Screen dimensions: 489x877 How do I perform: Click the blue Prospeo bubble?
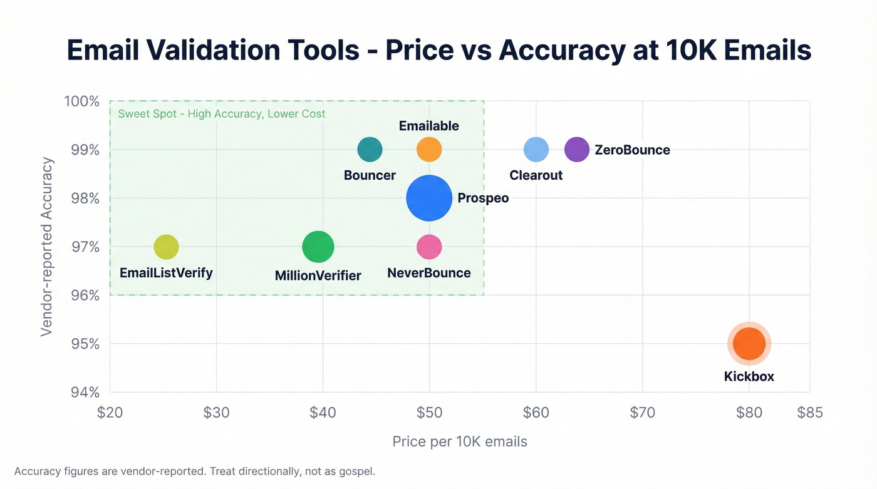tap(429, 198)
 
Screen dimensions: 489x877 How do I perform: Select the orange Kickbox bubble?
tap(749, 344)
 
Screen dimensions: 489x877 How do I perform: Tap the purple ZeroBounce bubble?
tap(577, 150)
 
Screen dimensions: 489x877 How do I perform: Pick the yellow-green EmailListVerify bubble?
tap(166, 247)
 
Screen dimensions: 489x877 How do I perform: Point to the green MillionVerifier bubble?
tap(318, 247)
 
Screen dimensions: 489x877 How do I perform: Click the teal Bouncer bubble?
tap(370, 150)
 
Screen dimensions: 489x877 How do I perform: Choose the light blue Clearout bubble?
tap(536, 150)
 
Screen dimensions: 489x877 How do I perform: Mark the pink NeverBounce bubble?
tap(429, 247)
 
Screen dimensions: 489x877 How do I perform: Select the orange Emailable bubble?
tap(429, 150)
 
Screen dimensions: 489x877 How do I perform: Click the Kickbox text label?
tap(749, 376)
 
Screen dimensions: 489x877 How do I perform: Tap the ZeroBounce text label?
tap(632, 150)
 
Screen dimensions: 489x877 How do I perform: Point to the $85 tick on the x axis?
tap(809, 413)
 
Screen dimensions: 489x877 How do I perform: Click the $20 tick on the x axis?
tap(110, 413)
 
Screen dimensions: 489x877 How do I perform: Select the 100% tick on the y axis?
tap(81, 101)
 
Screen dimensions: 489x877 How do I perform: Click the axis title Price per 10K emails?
tap(460, 441)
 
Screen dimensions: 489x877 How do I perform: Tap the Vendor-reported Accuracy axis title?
tap(47, 247)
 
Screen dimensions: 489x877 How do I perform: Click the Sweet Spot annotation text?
tap(222, 114)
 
